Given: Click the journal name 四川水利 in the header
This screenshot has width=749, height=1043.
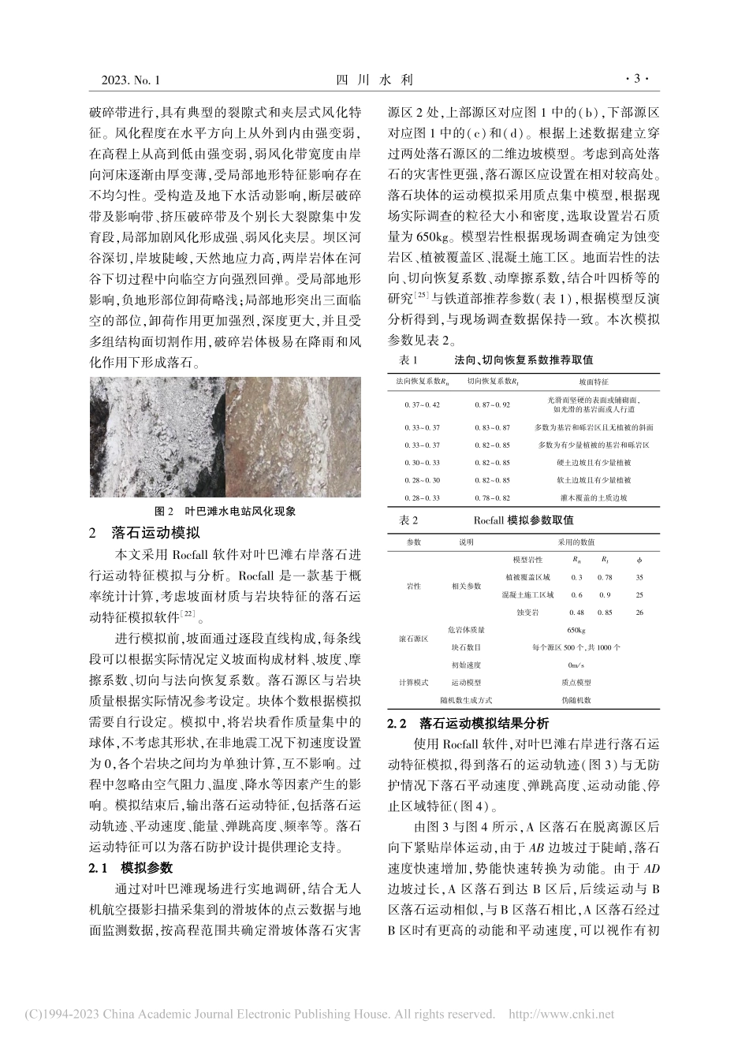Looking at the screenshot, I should click(374, 80).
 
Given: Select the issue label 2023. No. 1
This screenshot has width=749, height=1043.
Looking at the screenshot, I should click(131, 80).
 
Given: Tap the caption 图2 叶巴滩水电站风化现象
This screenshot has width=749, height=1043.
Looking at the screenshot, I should click(225, 510).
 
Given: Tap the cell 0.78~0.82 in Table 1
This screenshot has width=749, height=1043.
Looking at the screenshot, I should click(493, 498).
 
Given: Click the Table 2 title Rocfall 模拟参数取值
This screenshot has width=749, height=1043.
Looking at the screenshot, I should click(524, 520).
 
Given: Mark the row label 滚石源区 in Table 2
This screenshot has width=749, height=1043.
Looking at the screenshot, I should click(414, 639).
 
